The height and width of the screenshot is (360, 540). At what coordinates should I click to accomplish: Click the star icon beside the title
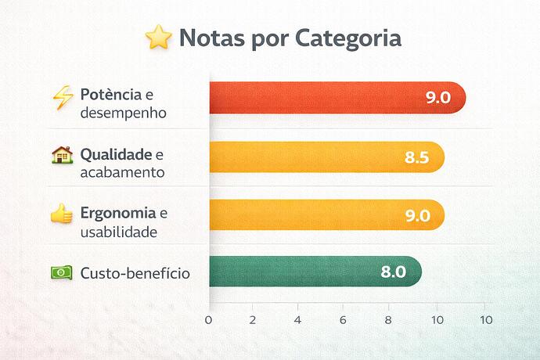coord(159,38)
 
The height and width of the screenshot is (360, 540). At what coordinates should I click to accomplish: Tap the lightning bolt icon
coord(62,95)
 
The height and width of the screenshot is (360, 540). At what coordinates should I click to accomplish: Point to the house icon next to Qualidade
coord(62,155)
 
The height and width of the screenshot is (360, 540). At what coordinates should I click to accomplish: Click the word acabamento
coord(122,172)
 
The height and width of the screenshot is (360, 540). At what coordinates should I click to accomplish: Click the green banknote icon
coord(61,273)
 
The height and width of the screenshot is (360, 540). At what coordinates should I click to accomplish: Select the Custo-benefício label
coord(135,273)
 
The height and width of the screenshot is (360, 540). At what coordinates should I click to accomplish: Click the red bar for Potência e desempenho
coord(313,97)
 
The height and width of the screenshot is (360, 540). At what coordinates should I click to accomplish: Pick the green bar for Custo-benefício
coord(297,272)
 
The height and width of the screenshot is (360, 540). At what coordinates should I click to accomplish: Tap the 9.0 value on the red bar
coord(437,98)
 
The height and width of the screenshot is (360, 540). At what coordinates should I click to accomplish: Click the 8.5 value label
coord(417,157)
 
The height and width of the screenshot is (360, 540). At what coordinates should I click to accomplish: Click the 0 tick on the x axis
coord(208,320)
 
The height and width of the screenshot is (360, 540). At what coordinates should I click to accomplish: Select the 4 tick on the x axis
coord(298,320)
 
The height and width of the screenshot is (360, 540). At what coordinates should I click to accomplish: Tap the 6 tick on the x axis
coord(343,320)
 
